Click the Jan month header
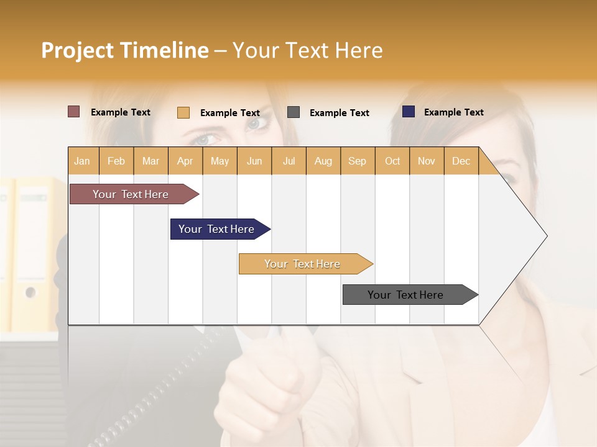coord(83,161)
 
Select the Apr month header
coord(185,161)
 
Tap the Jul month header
coord(289,161)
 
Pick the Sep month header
coord(357,161)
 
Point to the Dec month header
coord(461,161)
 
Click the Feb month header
coord(116,161)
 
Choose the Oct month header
coord(392,161)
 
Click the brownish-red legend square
coord(74,112)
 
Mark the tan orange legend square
coord(183,112)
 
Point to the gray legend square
coord(294,112)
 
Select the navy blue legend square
coord(409,112)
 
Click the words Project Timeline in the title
coord(125,50)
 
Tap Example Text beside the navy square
coord(453,112)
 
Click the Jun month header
coord(254,161)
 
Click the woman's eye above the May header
coord(208,138)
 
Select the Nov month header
coord(427,161)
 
